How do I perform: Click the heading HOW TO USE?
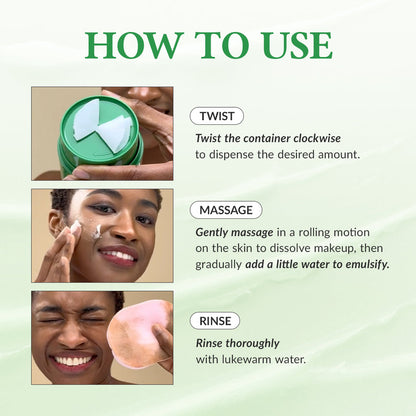pos(208,45)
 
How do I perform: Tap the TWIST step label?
pos(217,116)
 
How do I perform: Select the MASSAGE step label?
pos(227,210)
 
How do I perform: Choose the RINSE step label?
pos(215,321)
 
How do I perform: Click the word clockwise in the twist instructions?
pos(329,137)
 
